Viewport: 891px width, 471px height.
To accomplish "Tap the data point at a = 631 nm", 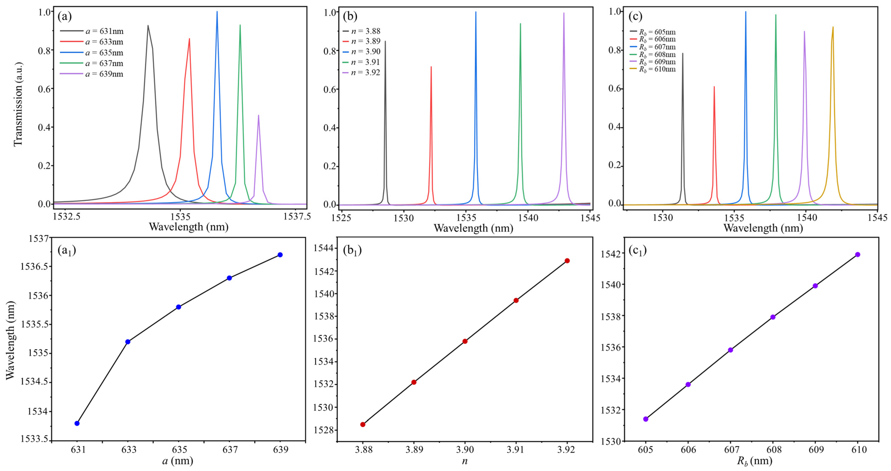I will (x=77, y=423).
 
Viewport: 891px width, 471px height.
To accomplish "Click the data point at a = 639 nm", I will (x=280, y=255).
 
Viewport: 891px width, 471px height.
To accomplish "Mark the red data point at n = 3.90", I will (x=465, y=341).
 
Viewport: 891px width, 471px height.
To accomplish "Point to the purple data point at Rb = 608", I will (x=773, y=317).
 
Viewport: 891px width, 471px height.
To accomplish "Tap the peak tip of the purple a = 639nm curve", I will (x=258, y=115).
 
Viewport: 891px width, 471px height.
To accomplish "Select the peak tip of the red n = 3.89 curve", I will (x=431, y=67).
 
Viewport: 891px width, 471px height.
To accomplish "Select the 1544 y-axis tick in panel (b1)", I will (x=323, y=248).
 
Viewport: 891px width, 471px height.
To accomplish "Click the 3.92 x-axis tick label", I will (x=567, y=450).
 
